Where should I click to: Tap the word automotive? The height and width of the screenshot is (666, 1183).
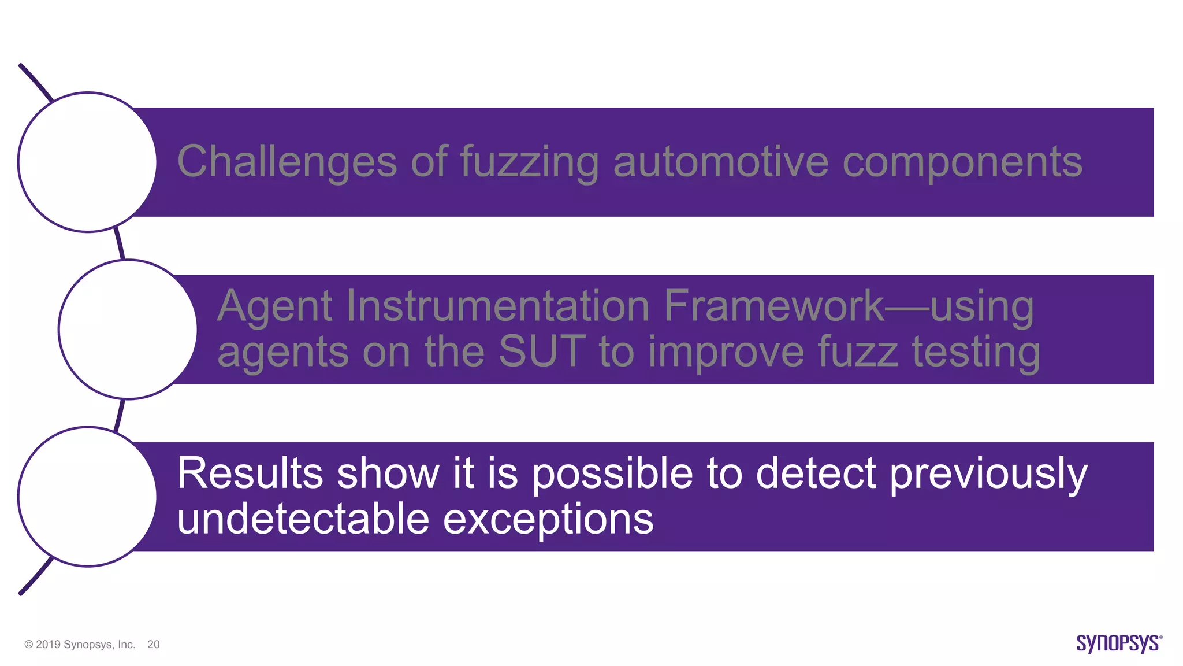(720, 161)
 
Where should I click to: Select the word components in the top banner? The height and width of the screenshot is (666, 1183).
(962, 161)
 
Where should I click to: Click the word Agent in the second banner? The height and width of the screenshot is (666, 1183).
(274, 306)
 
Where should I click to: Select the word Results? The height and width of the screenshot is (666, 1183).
(250, 473)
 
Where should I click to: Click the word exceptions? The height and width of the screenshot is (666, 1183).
(548, 519)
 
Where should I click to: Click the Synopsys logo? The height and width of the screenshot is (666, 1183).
(1118, 643)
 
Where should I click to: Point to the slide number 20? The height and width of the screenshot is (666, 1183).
(153, 645)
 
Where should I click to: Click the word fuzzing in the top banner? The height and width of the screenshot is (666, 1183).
(529, 161)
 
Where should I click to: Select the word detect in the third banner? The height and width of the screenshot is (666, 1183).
(816, 473)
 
